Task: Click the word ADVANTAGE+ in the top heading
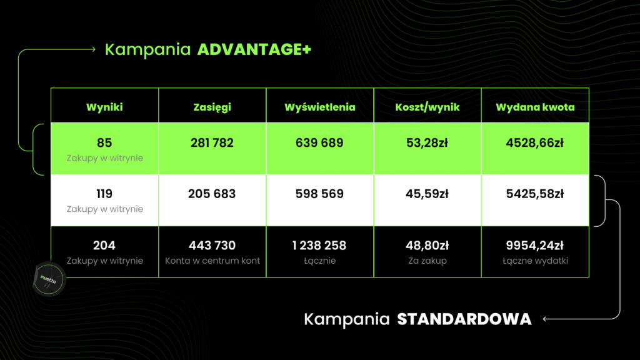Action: tap(254, 49)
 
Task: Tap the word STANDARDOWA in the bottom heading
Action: tap(464, 319)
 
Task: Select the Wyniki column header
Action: tap(104, 107)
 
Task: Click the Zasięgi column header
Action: tap(212, 107)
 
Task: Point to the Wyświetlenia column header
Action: tap(320, 107)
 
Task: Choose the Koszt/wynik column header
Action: tap(427, 107)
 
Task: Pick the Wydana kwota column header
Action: tap(535, 107)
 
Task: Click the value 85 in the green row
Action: tap(104, 143)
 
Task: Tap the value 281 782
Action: tap(212, 143)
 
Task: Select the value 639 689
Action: tap(319, 143)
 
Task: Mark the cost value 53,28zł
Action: tap(427, 143)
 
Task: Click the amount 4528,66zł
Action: tap(535, 143)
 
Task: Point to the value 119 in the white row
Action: tap(104, 194)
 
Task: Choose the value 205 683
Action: tap(212, 194)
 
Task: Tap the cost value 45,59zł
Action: tap(427, 194)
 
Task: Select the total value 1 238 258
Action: tap(319, 245)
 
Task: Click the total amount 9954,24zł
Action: tap(535, 245)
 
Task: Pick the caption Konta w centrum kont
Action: tap(212, 261)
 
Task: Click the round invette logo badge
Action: tap(49, 279)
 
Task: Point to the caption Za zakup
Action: tap(427, 261)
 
